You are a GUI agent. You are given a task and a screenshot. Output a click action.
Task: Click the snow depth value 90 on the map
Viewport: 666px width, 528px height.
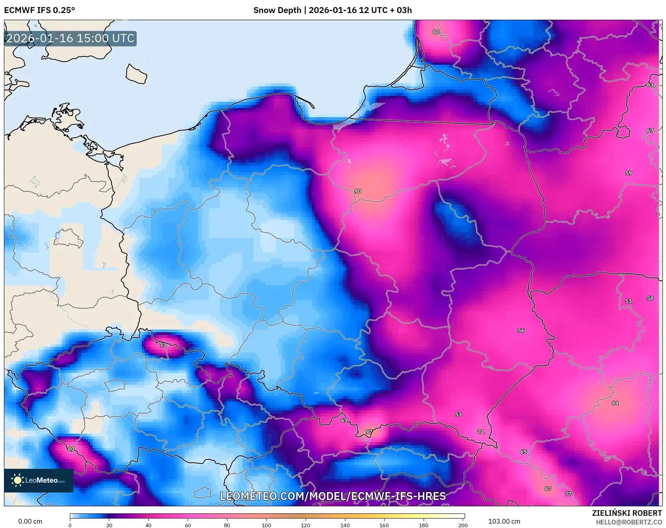[357, 191]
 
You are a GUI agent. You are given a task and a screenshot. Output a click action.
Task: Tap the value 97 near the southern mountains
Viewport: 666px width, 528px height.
[369, 432]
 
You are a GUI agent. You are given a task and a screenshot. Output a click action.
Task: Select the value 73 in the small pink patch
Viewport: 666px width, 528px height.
[163, 345]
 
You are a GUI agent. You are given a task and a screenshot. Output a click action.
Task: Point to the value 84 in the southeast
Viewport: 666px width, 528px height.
[615, 403]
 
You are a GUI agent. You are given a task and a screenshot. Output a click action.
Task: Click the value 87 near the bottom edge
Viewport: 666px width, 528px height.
[548, 489]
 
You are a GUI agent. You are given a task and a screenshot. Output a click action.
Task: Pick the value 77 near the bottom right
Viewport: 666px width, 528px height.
[568, 494]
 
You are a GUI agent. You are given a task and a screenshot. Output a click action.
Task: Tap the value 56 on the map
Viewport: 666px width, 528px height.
[521, 330]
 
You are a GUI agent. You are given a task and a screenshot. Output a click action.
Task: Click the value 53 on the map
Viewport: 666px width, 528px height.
[458, 414]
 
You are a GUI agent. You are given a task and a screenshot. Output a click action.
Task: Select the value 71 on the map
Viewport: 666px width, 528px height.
[481, 432]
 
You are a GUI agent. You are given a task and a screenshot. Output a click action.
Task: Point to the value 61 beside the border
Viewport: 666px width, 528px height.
[344, 420]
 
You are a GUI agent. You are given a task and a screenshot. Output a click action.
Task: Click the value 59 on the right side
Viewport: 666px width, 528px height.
[628, 173]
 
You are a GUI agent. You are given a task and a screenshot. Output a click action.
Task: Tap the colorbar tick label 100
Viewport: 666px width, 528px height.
[266, 525]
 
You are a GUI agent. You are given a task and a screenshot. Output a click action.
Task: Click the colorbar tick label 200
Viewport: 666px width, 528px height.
[463, 525]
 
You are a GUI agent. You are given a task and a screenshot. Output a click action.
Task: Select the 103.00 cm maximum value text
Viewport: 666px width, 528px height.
[504, 521]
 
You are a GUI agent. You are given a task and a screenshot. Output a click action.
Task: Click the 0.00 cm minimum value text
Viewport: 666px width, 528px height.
[30, 521]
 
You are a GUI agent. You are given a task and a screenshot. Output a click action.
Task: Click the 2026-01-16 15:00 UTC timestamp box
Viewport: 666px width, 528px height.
[70, 38]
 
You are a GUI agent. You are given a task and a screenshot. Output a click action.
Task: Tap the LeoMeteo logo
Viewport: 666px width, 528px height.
[39, 480]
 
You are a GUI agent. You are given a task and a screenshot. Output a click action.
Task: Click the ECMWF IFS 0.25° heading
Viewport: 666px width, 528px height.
[39, 10]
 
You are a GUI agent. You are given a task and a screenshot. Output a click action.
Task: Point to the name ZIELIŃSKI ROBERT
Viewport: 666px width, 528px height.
[627, 513]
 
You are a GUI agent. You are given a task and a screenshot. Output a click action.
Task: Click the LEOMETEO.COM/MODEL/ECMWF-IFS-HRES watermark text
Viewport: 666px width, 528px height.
[333, 496]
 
